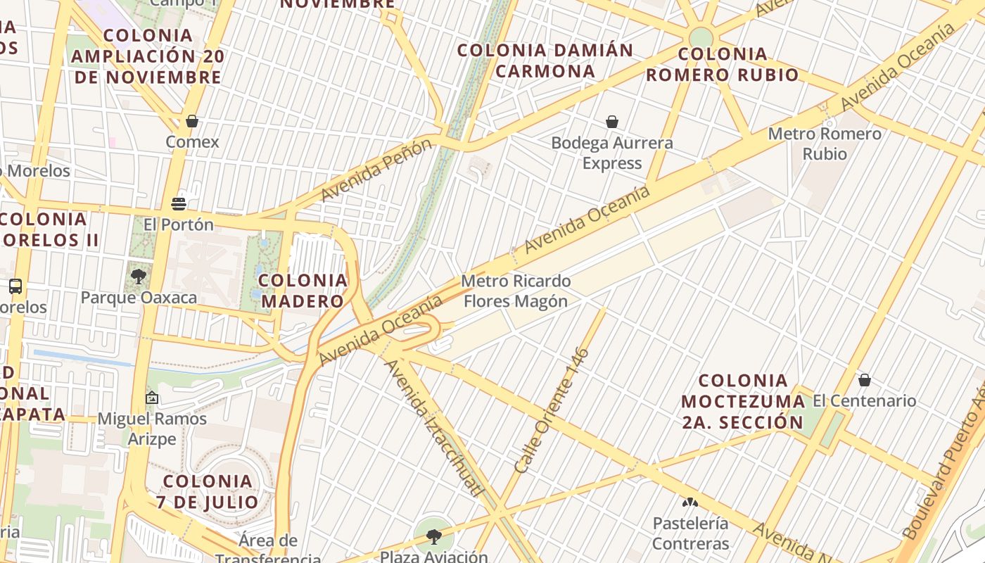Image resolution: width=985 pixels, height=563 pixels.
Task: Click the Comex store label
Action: [x=192, y=142]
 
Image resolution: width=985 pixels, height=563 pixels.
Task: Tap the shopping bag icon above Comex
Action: [x=192, y=121]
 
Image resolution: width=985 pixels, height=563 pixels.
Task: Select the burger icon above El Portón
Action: [x=179, y=204]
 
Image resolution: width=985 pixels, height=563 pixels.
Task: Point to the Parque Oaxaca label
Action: [x=139, y=298]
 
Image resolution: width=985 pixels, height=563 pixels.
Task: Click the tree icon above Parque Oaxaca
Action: [x=139, y=276]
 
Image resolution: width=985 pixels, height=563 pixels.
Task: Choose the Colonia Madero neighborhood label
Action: [x=303, y=291]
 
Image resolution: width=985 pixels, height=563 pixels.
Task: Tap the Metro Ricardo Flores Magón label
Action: [x=516, y=291]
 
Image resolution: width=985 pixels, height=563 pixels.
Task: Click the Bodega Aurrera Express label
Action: [x=612, y=153]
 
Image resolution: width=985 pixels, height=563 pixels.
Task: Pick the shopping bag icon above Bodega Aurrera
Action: [x=612, y=122]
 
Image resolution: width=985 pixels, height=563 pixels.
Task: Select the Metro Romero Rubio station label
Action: [x=825, y=144]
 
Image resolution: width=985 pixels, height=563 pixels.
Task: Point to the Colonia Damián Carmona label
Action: [x=545, y=61]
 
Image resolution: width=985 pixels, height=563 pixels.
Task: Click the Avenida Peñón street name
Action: [x=376, y=170]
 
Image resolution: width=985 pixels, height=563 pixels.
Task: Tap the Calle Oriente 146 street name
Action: [x=552, y=410]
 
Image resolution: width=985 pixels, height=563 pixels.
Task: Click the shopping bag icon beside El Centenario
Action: [x=865, y=381]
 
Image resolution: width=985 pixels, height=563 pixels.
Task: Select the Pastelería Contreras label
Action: [x=690, y=533]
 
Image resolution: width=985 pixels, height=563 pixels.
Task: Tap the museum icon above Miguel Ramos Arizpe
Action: [x=151, y=398]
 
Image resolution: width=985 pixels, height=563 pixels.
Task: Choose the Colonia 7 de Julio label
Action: [x=208, y=491]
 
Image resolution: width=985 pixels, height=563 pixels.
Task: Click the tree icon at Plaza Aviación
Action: [x=434, y=537]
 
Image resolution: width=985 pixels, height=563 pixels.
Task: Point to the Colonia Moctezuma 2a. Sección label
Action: [x=743, y=401]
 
